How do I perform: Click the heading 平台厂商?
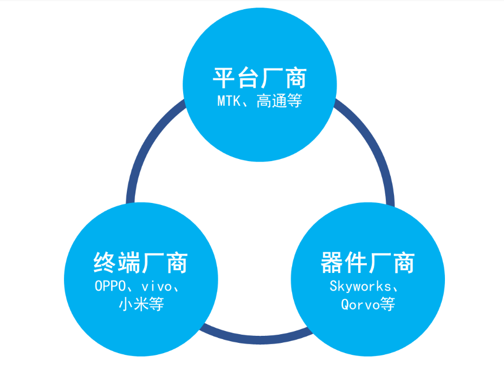point(260,78)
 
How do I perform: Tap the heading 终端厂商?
point(140,263)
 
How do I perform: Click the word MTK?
point(228,101)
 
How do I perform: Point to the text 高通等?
point(279,101)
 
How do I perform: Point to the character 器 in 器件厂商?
point(332,263)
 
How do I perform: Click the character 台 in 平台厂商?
point(248,78)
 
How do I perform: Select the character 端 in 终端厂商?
point(128,263)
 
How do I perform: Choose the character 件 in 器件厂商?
point(356,263)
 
